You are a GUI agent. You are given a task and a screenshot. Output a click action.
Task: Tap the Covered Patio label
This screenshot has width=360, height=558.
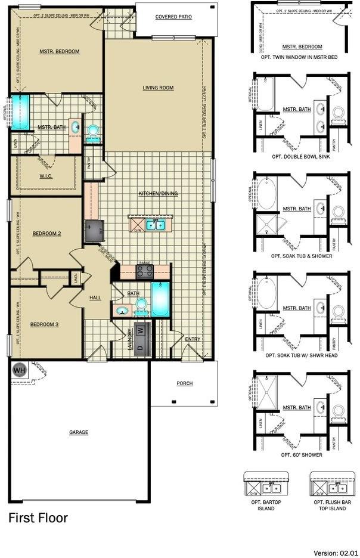pyautogui.click(x=173, y=17)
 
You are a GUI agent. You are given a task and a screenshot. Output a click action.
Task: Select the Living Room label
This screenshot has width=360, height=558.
pyautogui.click(x=158, y=88)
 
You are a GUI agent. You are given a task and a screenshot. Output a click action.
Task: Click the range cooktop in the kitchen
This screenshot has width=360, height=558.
pyautogui.click(x=145, y=272)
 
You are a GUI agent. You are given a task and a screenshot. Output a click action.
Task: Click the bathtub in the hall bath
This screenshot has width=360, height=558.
pyautogui.click(x=160, y=300)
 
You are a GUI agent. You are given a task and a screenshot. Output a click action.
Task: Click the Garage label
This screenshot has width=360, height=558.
pyautogui.click(x=78, y=432)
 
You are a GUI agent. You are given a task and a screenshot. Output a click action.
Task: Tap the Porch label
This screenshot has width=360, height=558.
pyautogui.click(x=185, y=383)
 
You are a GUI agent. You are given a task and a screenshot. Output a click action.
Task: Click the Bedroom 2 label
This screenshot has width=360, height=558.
pyautogui.click(x=46, y=233)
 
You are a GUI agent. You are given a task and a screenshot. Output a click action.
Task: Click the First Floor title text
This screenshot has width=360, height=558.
pyautogui.click(x=38, y=517)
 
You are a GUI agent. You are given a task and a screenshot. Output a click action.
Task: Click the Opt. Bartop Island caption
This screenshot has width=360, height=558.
pyautogui.click(x=266, y=506)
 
